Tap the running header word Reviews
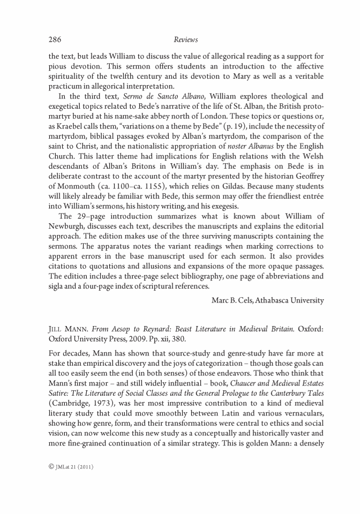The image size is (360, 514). coord(186,40)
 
